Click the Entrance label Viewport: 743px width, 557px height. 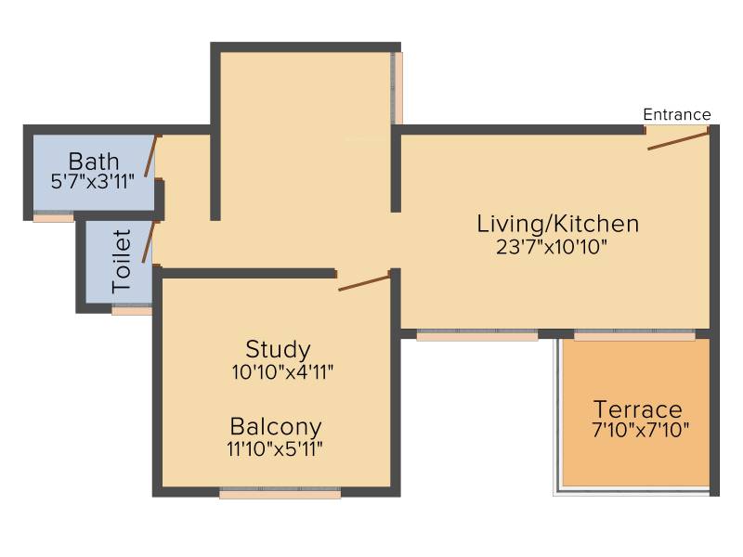[677, 114]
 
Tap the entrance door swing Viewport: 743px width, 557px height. [678, 141]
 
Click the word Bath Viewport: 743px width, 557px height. [94, 162]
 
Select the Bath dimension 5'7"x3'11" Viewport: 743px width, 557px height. [92, 181]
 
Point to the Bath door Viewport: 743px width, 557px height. [150, 156]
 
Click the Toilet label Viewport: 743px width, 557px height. [122, 261]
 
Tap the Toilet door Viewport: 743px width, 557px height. [148, 242]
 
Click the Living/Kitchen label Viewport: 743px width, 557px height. [558, 224]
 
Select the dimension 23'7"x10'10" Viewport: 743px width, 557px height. [552, 247]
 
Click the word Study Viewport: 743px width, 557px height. [278, 350]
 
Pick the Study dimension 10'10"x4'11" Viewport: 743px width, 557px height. [282, 372]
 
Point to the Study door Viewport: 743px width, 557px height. [364, 283]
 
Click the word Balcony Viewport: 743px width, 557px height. [276, 427]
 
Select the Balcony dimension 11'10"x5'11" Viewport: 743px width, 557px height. [275, 449]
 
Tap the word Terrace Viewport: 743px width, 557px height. [638, 409]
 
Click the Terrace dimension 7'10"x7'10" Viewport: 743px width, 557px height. [641, 430]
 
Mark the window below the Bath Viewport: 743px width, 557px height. [54, 216]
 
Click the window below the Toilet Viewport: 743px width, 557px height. [132, 309]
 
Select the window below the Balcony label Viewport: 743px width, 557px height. [280, 493]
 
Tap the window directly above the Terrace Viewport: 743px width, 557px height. [634, 335]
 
